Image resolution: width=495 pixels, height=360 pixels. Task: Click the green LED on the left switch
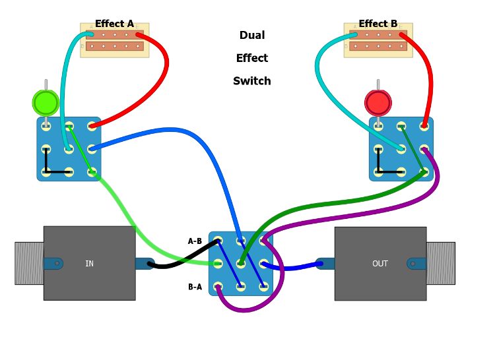pyautogui.click(x=46, y=103)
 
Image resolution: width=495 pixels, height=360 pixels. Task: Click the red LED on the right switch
pyautogui.click(x=378, y=103)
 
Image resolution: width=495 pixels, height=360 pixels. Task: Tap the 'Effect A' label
pyautogui.click(x=114, y=24)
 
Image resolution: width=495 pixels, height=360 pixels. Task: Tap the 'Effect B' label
pyautogui.click(x=378, y=24)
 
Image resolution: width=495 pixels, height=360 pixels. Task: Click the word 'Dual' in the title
pyautogui.click(x=252, y=36)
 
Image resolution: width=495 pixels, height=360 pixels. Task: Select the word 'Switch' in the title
pyautogui.click(x=252, y=82)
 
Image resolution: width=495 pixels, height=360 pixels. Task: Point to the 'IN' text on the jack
pyautogui.click(x=89, y=264)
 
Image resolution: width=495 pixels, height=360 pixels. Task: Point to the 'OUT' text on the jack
pyautogui.click(x=380, y=264)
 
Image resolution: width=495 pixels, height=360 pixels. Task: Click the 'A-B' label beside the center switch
pyautogui.click(x=195, y=241)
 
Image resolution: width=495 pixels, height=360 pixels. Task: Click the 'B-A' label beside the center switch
pyautogui.click(x=195, y=287)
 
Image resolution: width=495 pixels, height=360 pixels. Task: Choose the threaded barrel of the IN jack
pyautogui.click(x=29, y=263)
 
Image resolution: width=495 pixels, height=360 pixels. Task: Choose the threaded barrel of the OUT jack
pyautogui.click(x=440, y=263)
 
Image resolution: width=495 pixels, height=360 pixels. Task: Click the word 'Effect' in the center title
pyautogui.click(x=252, y=59)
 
